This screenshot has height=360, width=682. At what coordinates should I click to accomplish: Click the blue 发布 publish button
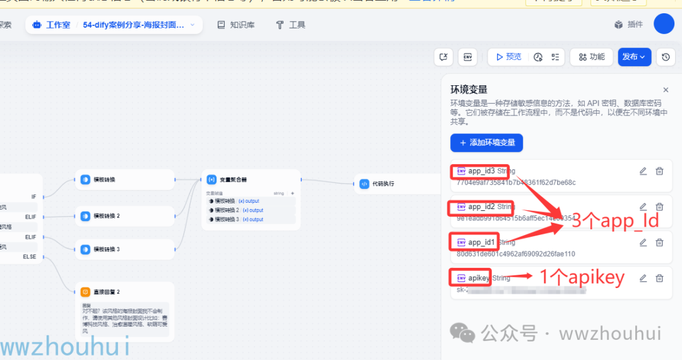634,57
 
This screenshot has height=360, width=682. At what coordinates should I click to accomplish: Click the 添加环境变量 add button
486,143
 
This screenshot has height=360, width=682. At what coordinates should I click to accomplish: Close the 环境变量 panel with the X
666,90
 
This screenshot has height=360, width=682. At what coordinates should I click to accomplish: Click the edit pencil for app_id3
643,171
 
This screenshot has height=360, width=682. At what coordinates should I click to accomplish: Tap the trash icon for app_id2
659,207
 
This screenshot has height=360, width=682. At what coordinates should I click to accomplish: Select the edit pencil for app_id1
643,243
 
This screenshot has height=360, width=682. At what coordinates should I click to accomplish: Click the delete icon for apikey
659,278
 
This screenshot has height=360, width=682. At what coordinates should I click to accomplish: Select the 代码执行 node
382,184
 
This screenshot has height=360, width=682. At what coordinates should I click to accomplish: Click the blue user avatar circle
664,24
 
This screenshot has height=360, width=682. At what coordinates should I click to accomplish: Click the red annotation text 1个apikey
581,277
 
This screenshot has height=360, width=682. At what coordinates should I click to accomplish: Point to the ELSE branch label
30,257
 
